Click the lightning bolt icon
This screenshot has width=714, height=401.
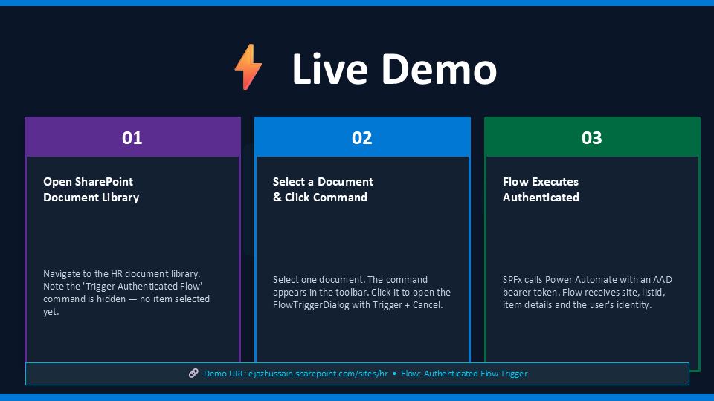tap(248, 67)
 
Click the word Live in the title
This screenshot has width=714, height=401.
tap(329, 69)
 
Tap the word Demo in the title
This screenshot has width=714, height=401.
tap(439, 69)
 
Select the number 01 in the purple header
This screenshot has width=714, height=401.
tap(132, 138)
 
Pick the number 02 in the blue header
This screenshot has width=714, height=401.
tap(362, 138)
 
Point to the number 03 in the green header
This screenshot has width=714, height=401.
tap(591, 138)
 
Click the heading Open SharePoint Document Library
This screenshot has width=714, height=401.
tap(91, 189)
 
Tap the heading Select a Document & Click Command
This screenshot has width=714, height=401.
tap(323, 189)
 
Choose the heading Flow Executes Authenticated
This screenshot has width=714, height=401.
tap(541, 189)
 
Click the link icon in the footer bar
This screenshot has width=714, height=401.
tap(193, 374)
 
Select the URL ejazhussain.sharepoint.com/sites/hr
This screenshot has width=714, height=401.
tap(318, 374)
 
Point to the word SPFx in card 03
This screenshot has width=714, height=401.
tap(512, 280)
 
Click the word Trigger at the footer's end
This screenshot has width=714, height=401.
tap(514, 374)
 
